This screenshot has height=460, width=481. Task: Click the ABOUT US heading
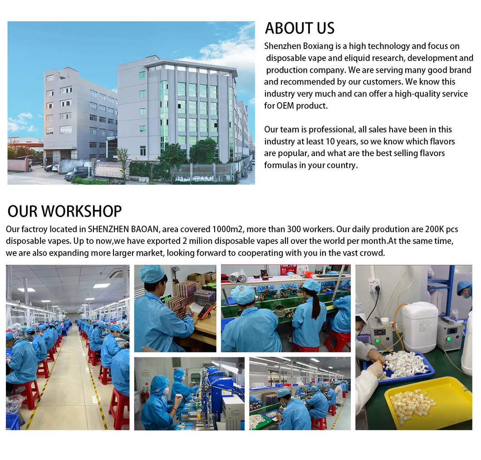(x=299, y=28)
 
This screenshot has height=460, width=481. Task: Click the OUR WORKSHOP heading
(x=64, y=211)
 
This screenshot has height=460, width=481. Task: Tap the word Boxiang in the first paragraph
(x=318, y=46)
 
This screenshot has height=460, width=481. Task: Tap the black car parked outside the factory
(x=75, y=175)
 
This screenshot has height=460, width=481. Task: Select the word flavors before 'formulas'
(x=427, y=153)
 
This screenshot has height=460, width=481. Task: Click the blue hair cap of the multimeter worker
(x=152, y=274)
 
